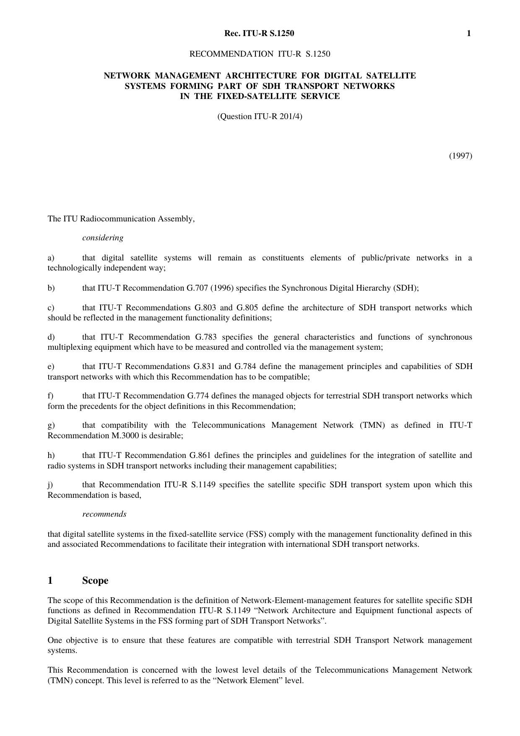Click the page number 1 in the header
468,34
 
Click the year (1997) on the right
460,156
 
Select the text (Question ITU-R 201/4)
260,117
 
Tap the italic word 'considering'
103,238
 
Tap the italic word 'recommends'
104,514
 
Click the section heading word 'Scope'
95,580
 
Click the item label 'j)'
50,485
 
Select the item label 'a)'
51,258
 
